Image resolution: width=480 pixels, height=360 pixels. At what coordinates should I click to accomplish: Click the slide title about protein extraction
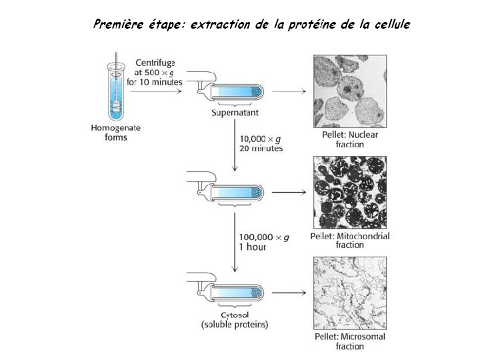coord(252,25)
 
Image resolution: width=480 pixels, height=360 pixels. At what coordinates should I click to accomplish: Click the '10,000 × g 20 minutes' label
coord(260,143)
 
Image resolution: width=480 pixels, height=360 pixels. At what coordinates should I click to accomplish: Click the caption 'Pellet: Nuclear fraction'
coord(350,139)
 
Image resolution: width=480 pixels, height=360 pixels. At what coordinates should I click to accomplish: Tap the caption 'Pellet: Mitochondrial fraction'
coord(350,240)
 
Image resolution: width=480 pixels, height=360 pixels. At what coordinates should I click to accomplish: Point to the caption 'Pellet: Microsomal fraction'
coord(350,341)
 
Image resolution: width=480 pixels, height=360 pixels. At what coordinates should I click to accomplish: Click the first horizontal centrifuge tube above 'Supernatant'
coord(230,93)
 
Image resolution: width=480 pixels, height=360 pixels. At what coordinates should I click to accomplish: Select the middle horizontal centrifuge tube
coord(230,192)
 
